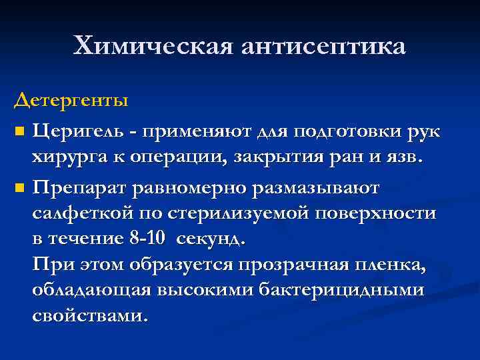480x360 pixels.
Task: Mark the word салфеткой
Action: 79,213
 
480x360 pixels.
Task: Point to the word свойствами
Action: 88,315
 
